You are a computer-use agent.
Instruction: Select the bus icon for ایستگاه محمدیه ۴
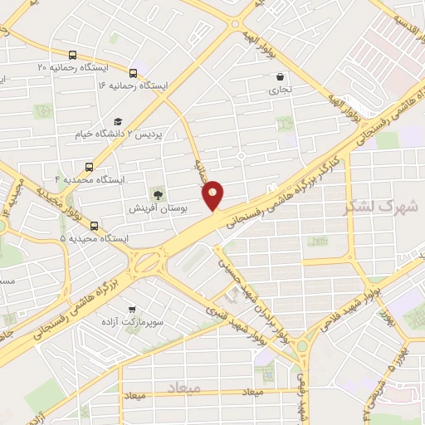point(89,166)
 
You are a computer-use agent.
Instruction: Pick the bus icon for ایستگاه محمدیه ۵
point(93,225)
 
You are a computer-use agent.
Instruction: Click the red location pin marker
point(213,195)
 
